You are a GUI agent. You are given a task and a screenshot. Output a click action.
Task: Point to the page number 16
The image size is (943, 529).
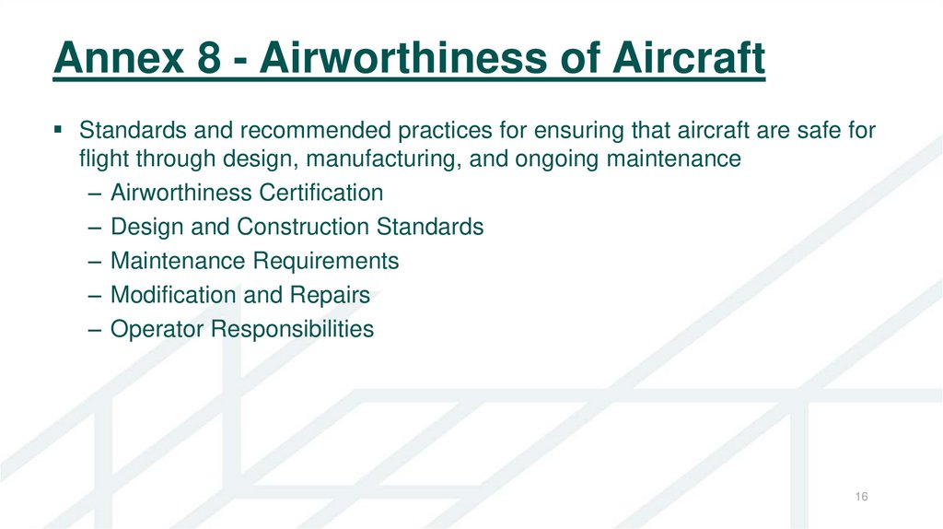[862, 498]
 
